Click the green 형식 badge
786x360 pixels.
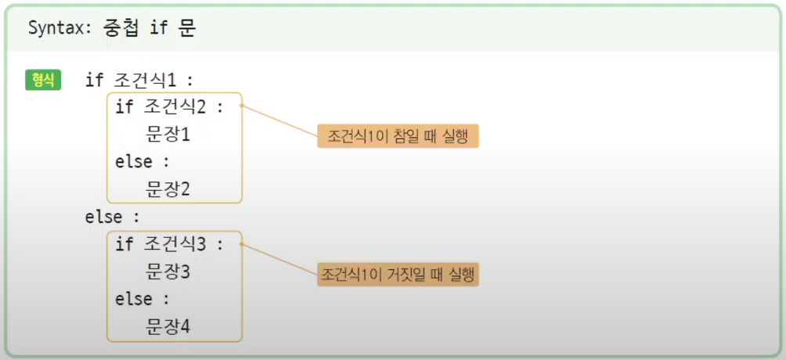(43, 80)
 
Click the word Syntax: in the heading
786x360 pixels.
(60, 28)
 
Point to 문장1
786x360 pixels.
(168, 135)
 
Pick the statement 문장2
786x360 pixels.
(168, 189)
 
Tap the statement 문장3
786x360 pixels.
(168, 272)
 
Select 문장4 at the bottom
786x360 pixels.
(168, 326)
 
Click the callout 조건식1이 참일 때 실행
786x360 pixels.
(398, 136)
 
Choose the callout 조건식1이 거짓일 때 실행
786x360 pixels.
(398, 275)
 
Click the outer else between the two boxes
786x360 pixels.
(104, 217)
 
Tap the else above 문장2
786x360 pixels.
(134, 162)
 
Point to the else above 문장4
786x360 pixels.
(134, 300)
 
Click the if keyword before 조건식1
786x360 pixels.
(94, 81)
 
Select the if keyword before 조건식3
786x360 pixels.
(124, 244)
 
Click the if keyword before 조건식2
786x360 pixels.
(124, 107)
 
